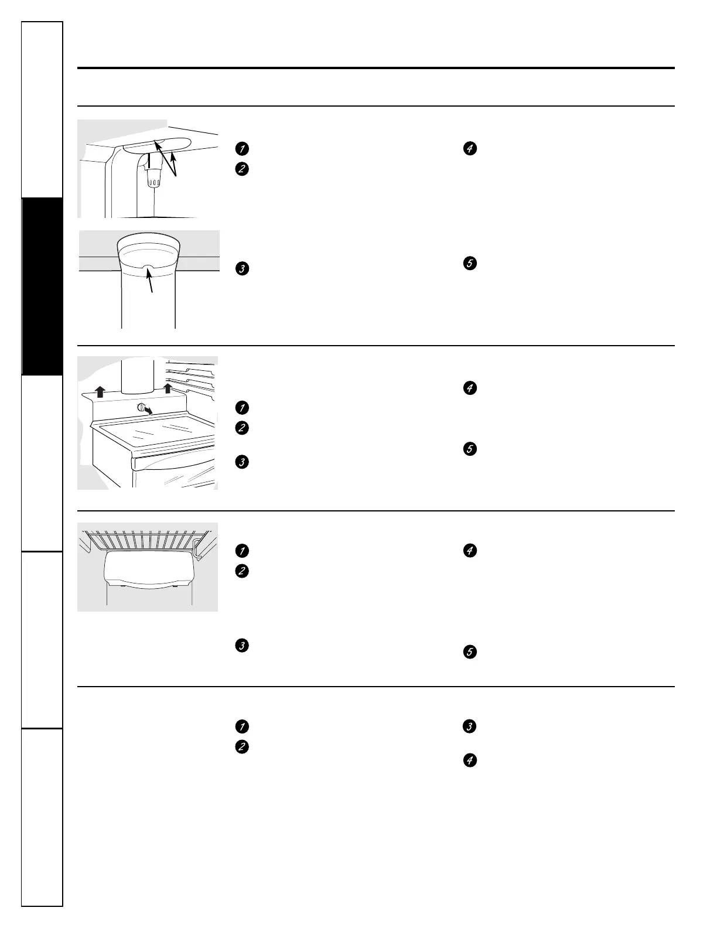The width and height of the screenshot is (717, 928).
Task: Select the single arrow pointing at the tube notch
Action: [x=151, y=284]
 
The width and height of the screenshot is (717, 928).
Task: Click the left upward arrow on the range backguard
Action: [x=100, y=391]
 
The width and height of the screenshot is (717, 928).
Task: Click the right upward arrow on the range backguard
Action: [x=168, y=388]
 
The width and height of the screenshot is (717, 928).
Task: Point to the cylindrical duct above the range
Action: [x=137, y=375]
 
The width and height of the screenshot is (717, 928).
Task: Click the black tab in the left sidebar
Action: [x=42, y=286]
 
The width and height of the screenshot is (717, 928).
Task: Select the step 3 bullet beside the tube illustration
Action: [x=241, y=269]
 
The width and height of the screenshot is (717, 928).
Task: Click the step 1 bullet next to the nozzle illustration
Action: [x=241, y=148]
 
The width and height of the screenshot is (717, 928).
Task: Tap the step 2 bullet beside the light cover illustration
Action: [x=241, y=571]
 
